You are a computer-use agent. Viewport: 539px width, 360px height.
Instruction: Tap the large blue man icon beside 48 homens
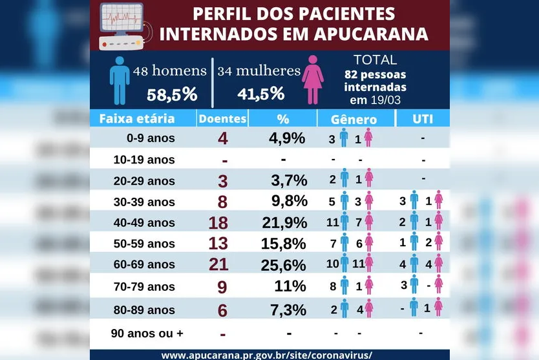click(120, 80)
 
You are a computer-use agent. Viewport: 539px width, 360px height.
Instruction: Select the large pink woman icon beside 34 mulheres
click(313, 80)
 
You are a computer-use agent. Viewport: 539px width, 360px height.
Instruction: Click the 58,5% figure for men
click(172, 94)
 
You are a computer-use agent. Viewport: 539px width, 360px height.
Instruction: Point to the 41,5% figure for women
click(261, 94)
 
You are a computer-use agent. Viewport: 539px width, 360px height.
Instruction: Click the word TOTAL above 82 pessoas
click(375, 60)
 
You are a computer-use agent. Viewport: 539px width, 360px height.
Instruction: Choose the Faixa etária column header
click(136, 119)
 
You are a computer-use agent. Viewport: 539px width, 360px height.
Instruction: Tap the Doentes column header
click(222, 119)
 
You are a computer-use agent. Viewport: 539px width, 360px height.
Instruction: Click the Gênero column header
click(354, 120)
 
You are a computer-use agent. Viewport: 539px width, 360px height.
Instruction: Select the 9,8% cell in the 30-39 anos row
click(287, 201)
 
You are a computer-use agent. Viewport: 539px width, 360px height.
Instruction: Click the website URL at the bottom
click(266, 355)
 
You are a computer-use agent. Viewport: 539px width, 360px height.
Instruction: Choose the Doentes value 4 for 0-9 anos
click(223, 138)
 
